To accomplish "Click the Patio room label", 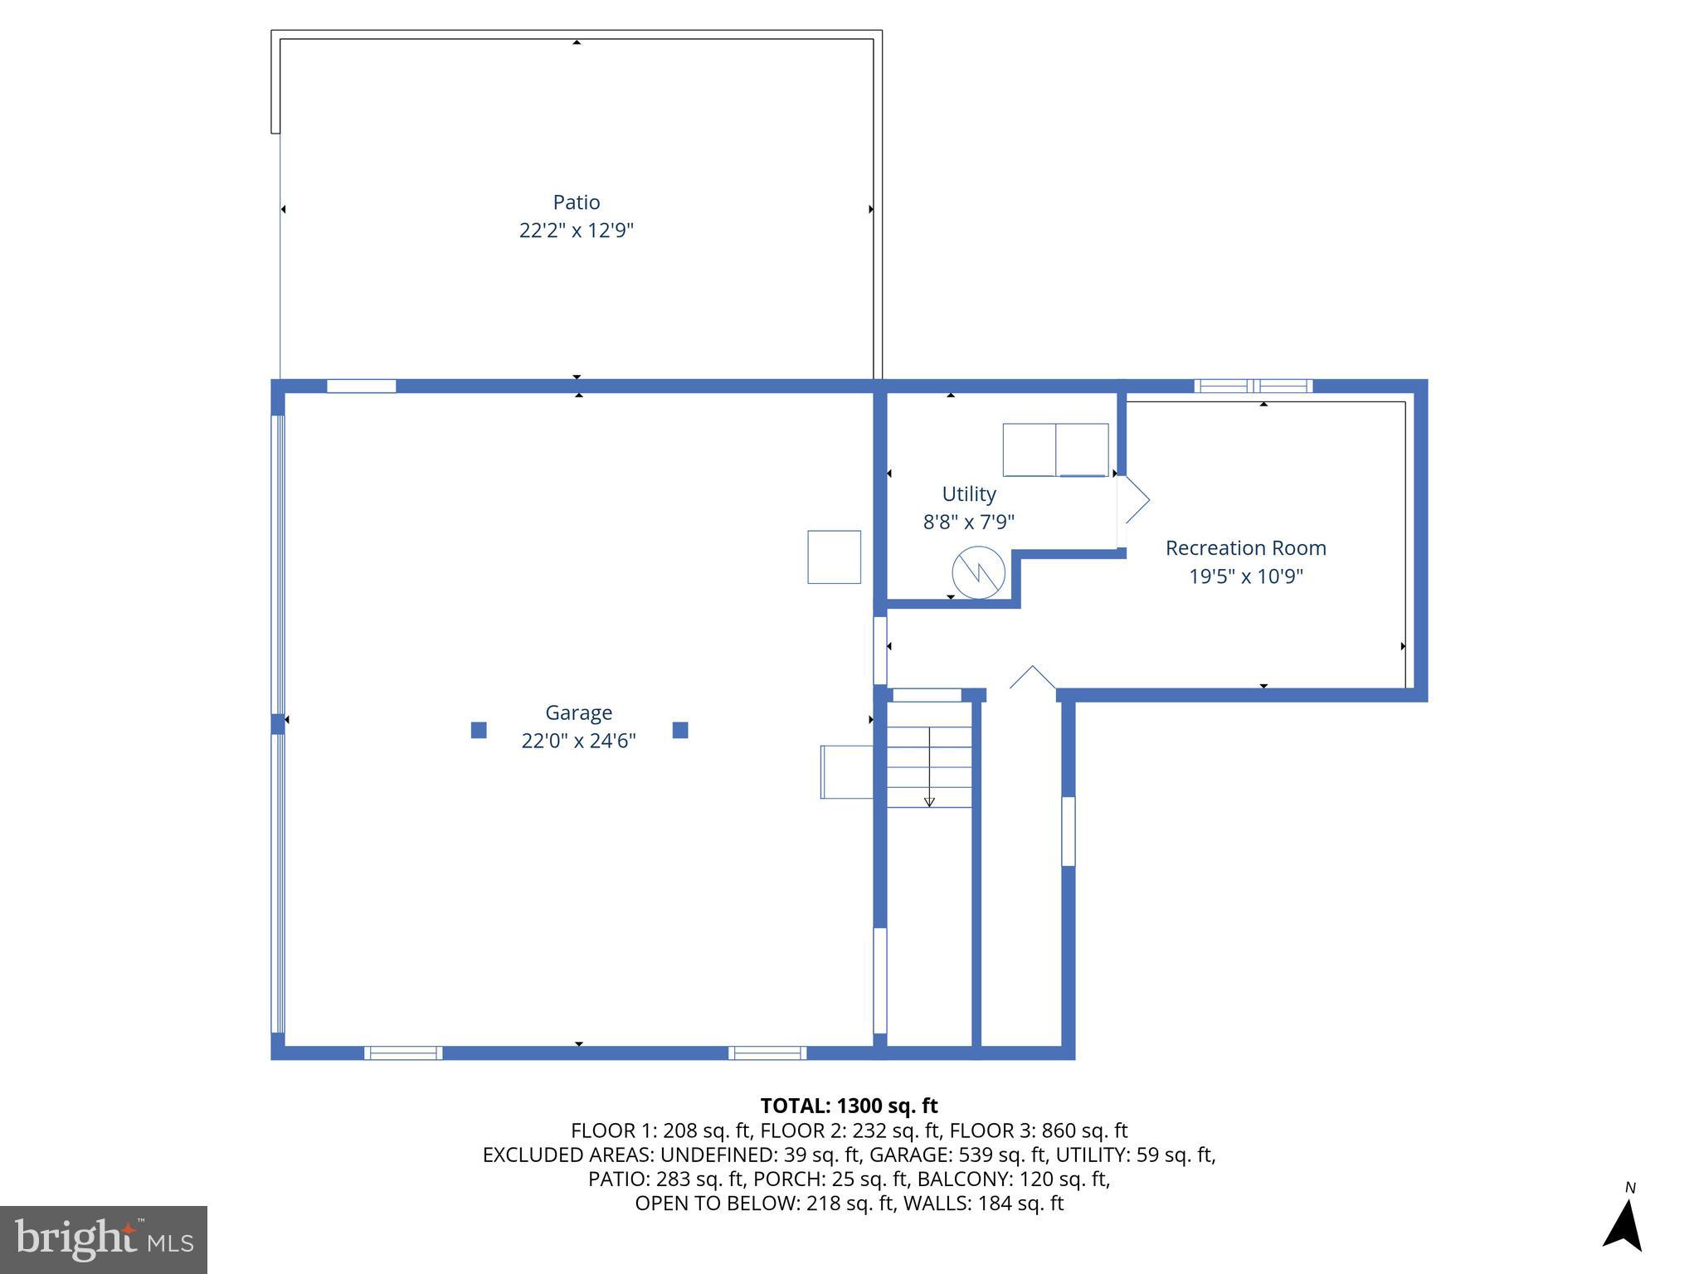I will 576,202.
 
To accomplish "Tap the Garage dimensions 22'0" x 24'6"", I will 578,741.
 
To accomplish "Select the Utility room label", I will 968,494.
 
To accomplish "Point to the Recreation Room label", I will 1245,548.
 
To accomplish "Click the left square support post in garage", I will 479,730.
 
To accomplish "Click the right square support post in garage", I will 680,730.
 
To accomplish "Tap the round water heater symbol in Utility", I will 978,572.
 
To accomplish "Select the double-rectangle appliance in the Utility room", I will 1055,450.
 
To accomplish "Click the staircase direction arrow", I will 929,767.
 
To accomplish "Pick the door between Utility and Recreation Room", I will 1132,500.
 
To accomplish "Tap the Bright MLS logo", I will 104,1239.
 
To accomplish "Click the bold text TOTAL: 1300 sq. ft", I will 849,1106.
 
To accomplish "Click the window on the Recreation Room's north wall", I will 1253,386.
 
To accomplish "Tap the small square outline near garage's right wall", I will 834,557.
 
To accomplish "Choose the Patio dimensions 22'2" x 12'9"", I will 576,231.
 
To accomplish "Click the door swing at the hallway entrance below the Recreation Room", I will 1032,678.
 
